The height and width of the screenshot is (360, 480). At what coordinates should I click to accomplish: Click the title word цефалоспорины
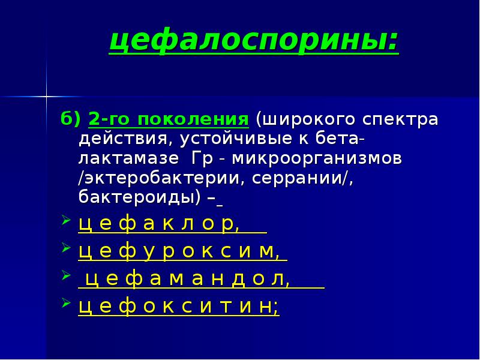(253, 41)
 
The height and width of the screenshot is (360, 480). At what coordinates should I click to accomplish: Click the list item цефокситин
(179, 307)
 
